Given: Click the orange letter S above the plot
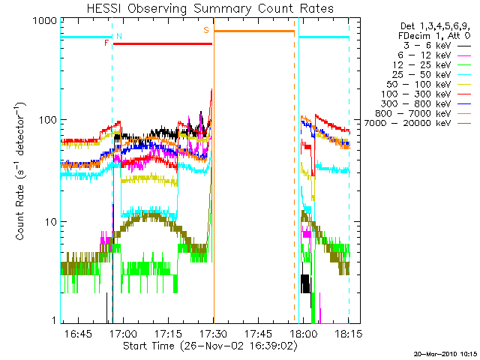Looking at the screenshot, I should (206, 31).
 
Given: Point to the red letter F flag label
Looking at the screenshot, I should (106, 43).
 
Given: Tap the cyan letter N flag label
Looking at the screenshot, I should (119, 36).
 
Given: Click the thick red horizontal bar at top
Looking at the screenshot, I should (163, 43).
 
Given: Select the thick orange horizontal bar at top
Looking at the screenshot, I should (254, 31).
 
